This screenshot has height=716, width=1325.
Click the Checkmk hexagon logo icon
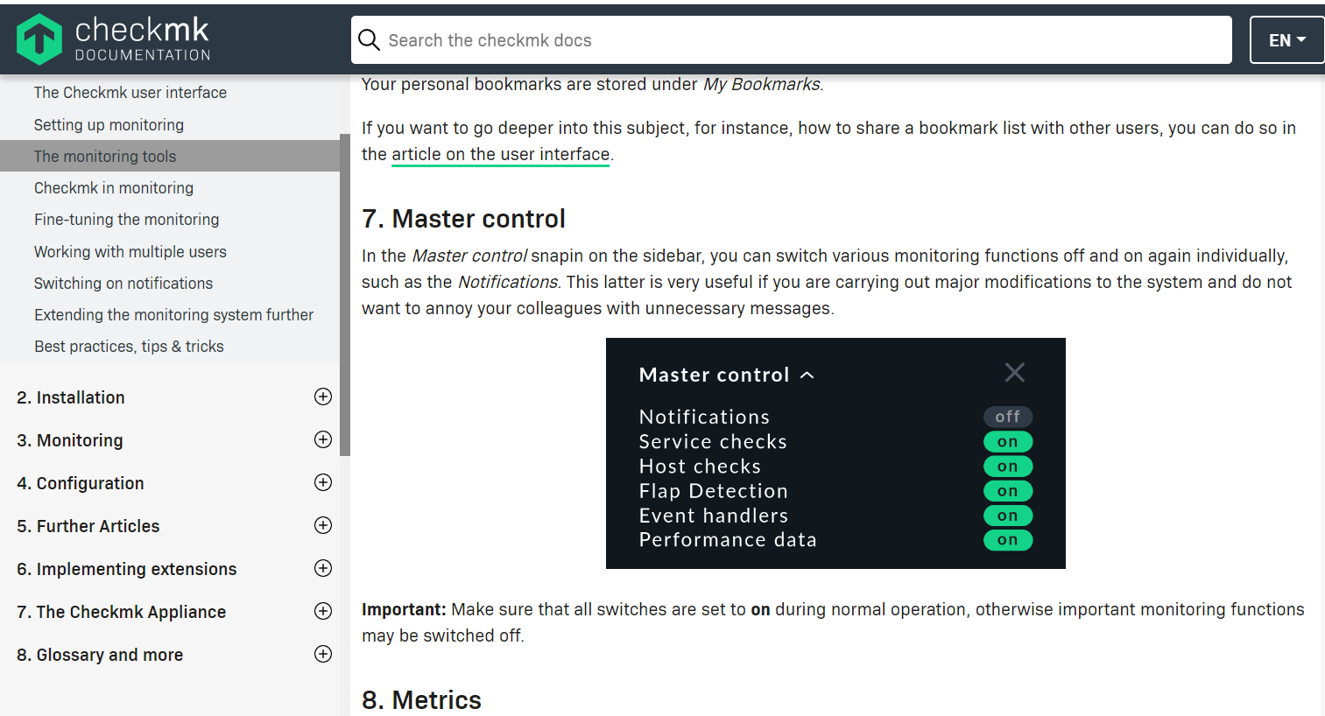pyautogui.click(x=39, y=39)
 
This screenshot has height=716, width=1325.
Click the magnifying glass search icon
pyautogui.click(x=370, y=40)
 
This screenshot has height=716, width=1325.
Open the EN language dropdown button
pyautogui.click(x=1286, y=40)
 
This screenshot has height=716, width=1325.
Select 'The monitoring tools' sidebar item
pyautogui.click(x=105, y=157)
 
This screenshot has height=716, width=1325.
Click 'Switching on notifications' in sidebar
pyautogui.click(x=123, y=284)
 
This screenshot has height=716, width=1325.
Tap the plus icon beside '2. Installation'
pyautogui.click(x=323, y=397)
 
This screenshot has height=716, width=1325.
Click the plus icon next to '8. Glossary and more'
pyautogui.click(x=323, y=654)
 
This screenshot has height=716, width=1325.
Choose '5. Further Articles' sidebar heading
pyautogui.click(x=88, y=526)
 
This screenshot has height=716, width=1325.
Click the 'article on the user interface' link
pyautogui.click(x=500, y=155)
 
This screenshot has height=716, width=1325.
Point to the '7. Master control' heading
pyautogui.click(x=463, y=219)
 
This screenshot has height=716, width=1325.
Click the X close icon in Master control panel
pyautogui.click(x=1015, y=373)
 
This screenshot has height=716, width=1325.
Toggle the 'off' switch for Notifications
pyautogui.click(x=1008, y=417)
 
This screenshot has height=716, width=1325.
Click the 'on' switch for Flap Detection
pyautogui.click(x=1008, y=491)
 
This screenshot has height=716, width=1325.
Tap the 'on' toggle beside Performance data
pyautogui.click(x=1008, y=540)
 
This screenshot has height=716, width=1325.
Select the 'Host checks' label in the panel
pyautogui.click(x=700, y=467)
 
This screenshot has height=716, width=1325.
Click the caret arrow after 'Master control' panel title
pyautogui.click(x=807, y=376)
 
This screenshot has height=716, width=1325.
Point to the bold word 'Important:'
pyautogui.click(x=404, y=609)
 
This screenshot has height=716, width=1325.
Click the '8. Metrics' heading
pyautogui.click(x=421, y=700)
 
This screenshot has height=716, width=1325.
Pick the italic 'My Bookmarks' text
pyautogui.click(x=762, y=85)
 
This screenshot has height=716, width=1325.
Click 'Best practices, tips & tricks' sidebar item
pyautogui.click(x=129, y=347)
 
